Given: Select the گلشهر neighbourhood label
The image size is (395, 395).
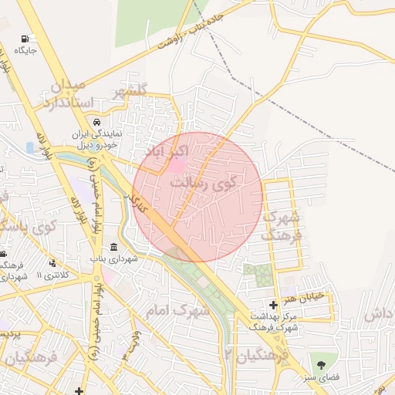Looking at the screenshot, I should pyautogui.click(x=130, y=93).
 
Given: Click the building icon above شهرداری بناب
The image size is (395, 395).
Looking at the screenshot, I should pyautogui.click(x=113, y=247).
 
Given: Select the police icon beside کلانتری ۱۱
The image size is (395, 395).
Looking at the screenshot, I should pyautogui.click(x=52, y=263).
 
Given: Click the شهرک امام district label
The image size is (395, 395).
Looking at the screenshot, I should pyautogui.click(x=177, y=310).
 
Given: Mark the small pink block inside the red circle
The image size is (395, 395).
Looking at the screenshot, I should pyautogui.click(x=177, y=165).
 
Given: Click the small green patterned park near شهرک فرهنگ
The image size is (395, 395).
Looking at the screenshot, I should pyautogui.click(x=258, y=273).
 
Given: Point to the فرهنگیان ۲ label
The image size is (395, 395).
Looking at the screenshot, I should pyautogui.click(x=255, y=355).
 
